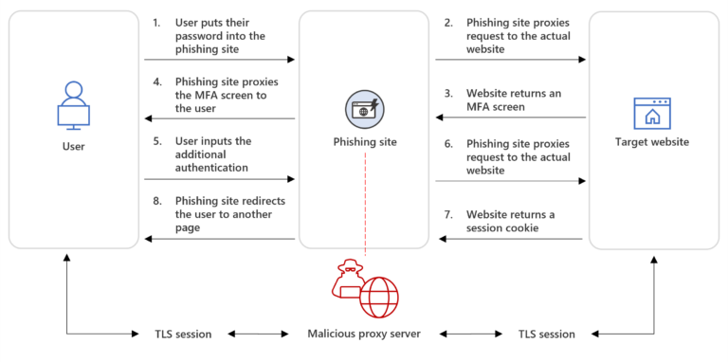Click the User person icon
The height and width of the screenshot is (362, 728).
[73, 106]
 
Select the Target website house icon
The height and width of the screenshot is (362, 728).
[652, 113]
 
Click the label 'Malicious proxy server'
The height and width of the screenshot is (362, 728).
[365, 335]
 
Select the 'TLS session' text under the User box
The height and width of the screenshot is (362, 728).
[183, 335]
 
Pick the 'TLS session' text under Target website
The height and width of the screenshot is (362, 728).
[546, 335]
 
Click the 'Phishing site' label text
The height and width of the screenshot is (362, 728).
[365, 142]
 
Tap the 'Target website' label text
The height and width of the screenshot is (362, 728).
[652, 142]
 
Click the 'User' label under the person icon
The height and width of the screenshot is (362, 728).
[73, 147]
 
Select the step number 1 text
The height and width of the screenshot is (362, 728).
[156, 21]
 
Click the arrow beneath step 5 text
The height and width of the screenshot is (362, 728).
[219, 178]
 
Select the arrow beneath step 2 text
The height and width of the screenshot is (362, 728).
[510, 60]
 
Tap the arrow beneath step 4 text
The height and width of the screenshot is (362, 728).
[219, 118]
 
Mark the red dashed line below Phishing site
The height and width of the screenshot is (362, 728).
[365, 204]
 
